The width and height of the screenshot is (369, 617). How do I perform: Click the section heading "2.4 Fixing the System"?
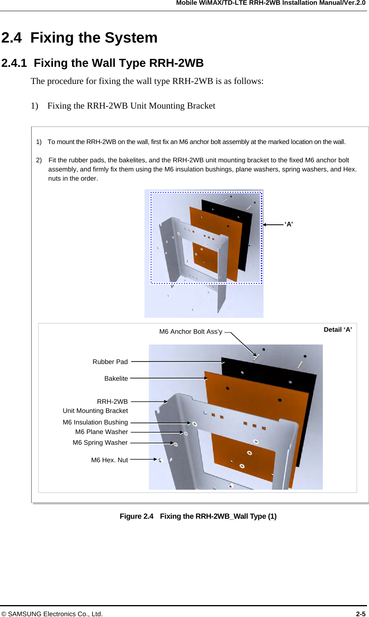(x=80, y=38)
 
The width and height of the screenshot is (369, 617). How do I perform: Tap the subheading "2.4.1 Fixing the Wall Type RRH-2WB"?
(x=103, y=63)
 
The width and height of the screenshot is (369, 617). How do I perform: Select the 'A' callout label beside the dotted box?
(x=289, y=224)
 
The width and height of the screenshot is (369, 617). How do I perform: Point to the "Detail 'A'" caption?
(x=338, y=329)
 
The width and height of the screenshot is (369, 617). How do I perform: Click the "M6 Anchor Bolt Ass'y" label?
(x=191, y=332)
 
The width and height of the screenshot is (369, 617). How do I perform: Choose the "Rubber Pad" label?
(x=110, y=362)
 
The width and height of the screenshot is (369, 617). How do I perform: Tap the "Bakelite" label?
(x=116, y=378)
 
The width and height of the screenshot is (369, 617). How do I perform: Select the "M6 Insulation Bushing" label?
(x=95, y=422)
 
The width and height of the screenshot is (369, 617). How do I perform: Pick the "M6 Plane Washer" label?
(x=102, y=432)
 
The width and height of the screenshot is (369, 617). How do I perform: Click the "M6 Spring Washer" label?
(x=100, y=442)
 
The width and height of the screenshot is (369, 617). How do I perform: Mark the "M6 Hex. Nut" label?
(x=109, y=460)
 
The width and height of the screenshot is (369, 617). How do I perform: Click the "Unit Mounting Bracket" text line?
(x=95, y=411)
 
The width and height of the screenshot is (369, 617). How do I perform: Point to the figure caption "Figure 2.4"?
(x=137, y=516)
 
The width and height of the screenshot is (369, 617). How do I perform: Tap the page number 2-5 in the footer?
(x=361, y=614)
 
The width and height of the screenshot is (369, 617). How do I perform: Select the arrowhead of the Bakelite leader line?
(x=206, y=378)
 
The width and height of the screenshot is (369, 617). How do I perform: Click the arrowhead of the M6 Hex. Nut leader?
(x=156, y=459)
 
